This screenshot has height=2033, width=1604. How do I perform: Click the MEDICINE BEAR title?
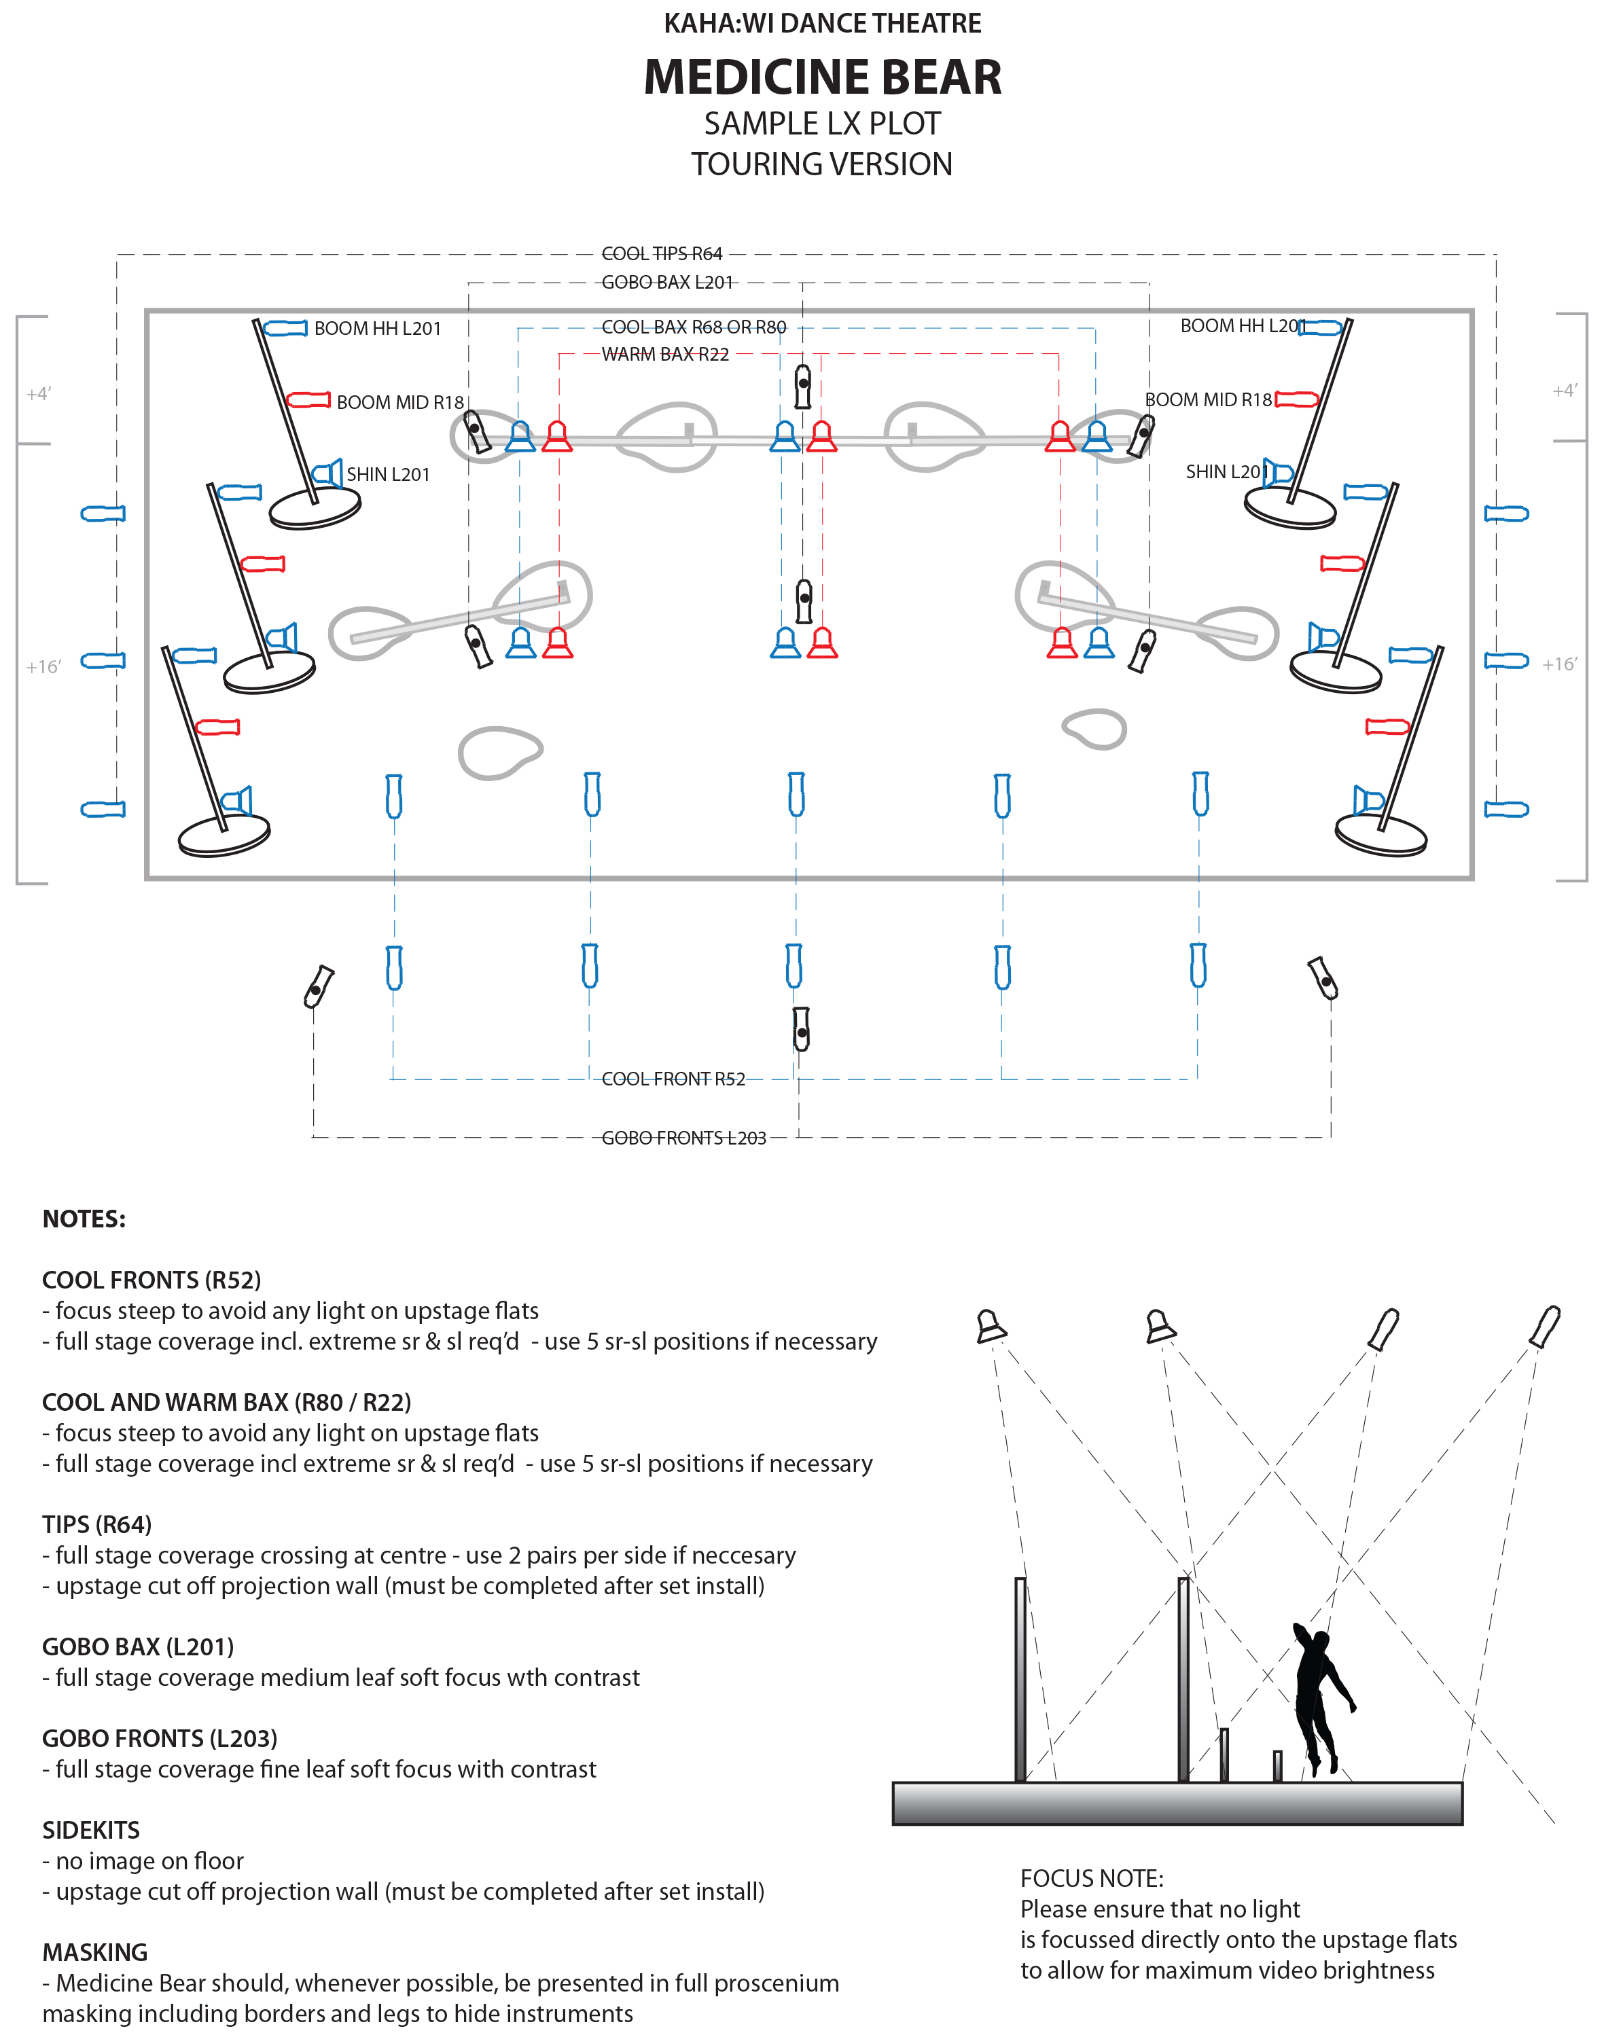822,77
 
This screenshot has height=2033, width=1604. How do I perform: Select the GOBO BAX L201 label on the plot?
666,282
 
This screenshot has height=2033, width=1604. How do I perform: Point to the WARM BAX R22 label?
665,354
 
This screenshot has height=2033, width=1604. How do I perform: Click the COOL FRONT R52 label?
673,1079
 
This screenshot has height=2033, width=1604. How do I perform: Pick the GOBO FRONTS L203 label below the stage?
683,1138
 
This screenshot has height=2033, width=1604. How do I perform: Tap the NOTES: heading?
84,1219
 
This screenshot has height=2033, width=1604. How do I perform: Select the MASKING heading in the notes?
95,1952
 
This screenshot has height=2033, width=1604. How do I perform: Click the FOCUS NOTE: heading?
1091,1878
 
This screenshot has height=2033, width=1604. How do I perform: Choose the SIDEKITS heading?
91,1830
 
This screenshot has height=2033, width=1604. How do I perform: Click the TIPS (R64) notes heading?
96,1524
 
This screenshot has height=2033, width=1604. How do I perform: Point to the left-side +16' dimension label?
43,667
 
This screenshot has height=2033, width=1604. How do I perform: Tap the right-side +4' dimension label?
1564,391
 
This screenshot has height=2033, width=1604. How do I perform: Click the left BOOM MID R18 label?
400,402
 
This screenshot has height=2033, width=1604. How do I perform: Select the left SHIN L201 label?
388,474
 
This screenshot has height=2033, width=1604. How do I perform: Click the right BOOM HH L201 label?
1241,326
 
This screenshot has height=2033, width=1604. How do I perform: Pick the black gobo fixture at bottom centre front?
801,1030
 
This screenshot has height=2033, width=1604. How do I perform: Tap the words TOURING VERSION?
822,164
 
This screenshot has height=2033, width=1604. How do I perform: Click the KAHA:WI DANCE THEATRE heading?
822,24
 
